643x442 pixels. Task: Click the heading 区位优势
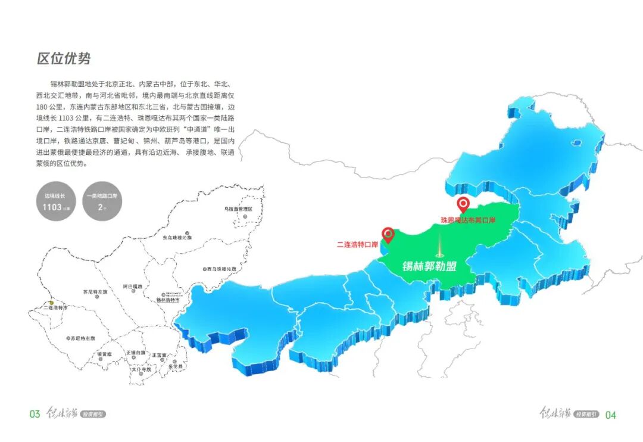64,59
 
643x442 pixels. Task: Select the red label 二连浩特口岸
357,244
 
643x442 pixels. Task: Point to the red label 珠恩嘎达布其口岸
468,220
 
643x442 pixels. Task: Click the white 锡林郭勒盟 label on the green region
429,266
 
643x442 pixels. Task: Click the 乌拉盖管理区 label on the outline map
238,209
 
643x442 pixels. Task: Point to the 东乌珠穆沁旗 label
177,238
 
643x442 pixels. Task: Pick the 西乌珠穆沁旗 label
221,269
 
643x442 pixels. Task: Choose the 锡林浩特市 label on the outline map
167,300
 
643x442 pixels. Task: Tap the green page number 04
610,415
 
